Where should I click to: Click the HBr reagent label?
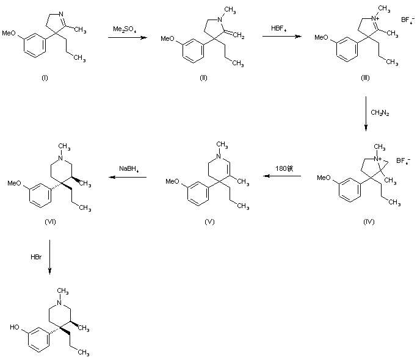click(36, 258)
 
